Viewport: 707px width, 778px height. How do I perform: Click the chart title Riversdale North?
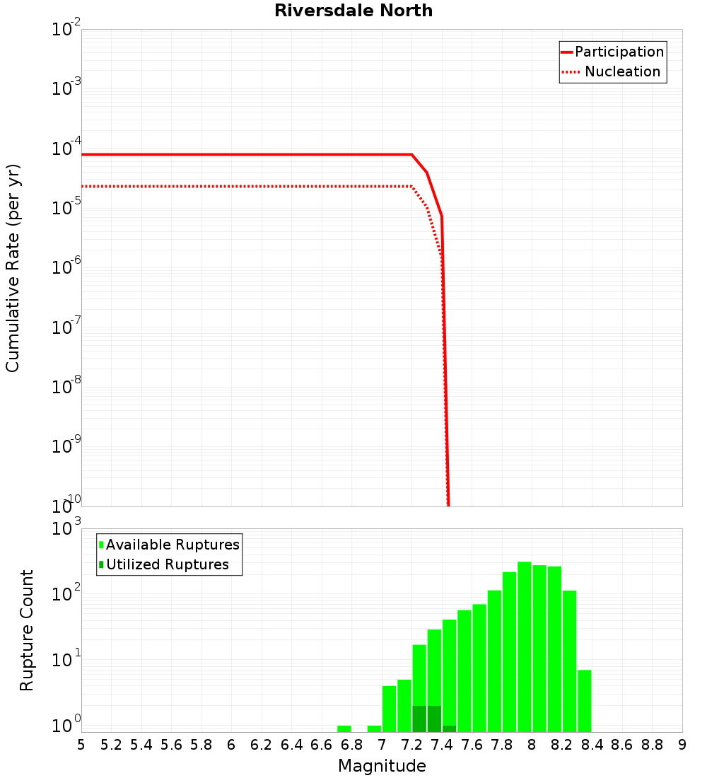[353, 11]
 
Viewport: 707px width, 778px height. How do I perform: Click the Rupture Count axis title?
[27, 630]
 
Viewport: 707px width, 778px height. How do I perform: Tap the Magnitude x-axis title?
[382, 766]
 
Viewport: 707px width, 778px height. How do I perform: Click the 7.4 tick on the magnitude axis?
[442, 745]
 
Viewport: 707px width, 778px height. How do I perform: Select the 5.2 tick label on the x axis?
[112, 745]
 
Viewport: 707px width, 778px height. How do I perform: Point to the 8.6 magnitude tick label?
[622, 745]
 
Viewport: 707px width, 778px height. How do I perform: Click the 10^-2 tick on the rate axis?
[66, 30]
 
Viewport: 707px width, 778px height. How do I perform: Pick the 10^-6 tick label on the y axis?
[66, 268]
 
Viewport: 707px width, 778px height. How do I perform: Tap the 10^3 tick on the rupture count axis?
[66, 529]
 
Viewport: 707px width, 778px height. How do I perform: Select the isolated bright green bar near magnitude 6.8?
[344, 728]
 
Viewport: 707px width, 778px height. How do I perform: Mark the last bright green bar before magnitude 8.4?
[584, 701]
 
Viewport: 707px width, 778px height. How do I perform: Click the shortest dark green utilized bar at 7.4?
[449, 728]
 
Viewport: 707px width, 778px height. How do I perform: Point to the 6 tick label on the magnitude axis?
[231, 745]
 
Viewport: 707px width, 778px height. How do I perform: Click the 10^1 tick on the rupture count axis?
[66, 661]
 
